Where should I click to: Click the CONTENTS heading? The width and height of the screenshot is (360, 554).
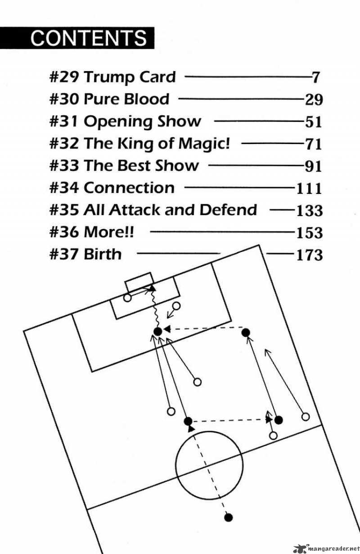[x=89, y=38]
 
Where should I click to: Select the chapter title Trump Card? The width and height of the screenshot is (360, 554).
[x=130, y=77]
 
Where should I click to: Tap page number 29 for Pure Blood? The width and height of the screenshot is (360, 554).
[x=314, y=99]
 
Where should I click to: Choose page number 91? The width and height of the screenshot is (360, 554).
[x=313, y=166]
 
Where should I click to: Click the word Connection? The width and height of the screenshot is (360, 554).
[x=129, y=188]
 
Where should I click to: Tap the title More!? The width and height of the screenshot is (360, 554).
[x=109, y=232]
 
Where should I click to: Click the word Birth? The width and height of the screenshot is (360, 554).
[x=103, y=254]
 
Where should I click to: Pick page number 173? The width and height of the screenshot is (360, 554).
[x=309, y=255]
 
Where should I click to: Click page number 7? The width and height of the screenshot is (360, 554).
[x=316, y=77]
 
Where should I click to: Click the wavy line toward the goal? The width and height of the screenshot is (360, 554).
[x=155, y=311]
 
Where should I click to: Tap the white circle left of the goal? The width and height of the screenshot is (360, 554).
[x=128, y=297]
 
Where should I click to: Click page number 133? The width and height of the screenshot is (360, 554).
[x=309, y=211]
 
